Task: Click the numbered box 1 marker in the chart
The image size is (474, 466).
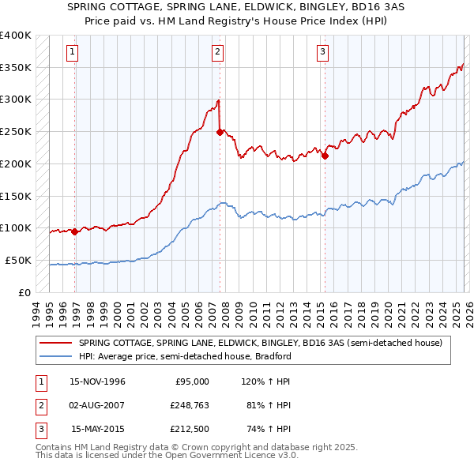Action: (x=73, y=53)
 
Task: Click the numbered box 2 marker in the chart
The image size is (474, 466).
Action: (x=217, y=53)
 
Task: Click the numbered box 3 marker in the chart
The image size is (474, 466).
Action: (x=323, y=53)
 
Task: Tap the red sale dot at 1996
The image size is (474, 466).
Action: (x=74, y=232)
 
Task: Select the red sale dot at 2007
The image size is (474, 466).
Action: (x=220, y=133)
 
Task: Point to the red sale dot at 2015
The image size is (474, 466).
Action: (x=325, y=156)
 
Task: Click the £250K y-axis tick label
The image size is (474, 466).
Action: (x=16, y=132)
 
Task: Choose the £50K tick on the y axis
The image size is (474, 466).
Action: (x=18, y=260)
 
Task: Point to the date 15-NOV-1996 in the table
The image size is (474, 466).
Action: (x=97, y=381)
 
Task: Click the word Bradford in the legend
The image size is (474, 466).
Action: (x=273, y=356)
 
